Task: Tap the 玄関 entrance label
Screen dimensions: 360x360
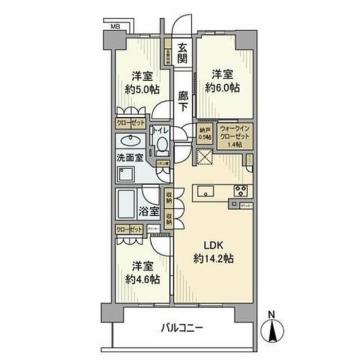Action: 183,52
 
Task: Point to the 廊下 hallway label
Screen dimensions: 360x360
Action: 183,101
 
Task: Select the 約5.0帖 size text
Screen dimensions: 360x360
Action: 141,88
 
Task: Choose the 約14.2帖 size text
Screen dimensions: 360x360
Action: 214,258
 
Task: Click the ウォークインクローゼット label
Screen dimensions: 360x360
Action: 235,137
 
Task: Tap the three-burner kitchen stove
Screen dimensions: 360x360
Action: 242,190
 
